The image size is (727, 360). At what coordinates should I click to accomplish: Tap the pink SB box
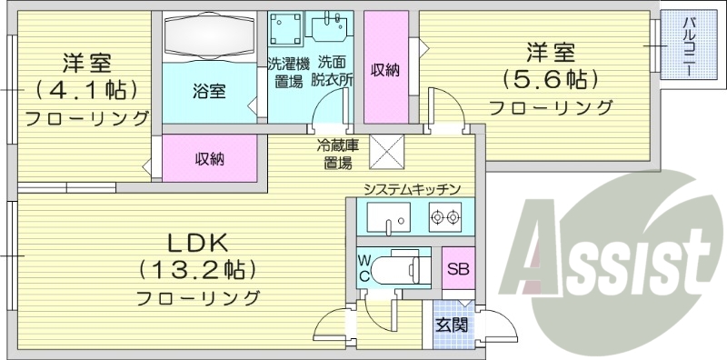click(455, 270)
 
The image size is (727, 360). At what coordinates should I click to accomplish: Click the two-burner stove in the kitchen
click(444, 218)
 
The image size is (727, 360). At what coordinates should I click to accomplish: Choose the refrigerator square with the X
click(386, 153)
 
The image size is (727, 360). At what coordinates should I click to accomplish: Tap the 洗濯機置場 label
click(290, 74)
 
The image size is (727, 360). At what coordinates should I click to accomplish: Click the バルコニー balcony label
click(688, 45)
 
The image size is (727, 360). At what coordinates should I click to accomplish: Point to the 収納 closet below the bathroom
click(210, 159)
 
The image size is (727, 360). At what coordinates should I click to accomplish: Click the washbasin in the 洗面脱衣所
click(327, 33)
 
